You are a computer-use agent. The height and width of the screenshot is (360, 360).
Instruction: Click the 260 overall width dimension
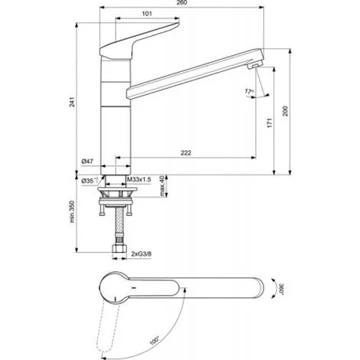click(x=182, y=2)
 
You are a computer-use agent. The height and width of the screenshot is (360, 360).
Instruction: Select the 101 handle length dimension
click(x=147, y=14)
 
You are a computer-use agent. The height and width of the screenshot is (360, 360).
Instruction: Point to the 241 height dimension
click(x=73, y=102)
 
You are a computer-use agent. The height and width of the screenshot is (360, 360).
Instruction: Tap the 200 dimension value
click(x=285, y=111)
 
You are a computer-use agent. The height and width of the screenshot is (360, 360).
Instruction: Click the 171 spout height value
click(x=270, y=123)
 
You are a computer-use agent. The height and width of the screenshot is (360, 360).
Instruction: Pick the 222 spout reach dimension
click(x=186, y=152)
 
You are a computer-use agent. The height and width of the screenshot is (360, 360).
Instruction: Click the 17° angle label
click(x=249, y=91)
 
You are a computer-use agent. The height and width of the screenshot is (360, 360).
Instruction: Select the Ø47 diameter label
click(x=87, y=162)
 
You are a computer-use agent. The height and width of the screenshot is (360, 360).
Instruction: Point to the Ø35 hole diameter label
click(x=90, y=181)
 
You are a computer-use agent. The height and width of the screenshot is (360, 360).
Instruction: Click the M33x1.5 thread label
click(x=139, y=179)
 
